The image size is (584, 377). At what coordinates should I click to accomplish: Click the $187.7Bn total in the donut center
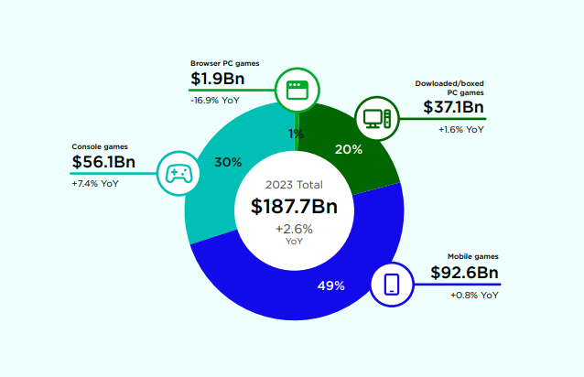[294, 207]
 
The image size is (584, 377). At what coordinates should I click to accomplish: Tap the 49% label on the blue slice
[330, 286]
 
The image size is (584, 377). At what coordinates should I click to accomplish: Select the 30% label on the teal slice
[228, 162]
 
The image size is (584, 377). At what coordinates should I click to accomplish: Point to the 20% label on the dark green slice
[349, 148]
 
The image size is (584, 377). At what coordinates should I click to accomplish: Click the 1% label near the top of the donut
[296, 134]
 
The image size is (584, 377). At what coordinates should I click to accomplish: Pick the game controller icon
[177, 172]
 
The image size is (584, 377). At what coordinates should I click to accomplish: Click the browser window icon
[295, 90]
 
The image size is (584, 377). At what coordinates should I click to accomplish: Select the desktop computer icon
[376, 118]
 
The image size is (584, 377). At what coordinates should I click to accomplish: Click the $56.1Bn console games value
[103, 163]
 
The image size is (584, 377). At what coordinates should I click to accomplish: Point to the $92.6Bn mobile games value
[464, 274]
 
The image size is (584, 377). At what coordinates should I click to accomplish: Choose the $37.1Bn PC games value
[453, 108]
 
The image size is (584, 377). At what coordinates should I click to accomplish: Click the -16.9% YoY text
[215, 99]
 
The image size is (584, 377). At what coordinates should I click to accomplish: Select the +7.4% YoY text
[95, 184]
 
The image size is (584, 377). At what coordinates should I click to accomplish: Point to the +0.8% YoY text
[474, 296]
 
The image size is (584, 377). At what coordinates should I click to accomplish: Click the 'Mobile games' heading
[472, 256]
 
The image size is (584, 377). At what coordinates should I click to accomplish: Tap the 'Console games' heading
[100, 146]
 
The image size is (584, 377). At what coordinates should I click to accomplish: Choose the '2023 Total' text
[294, 185]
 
